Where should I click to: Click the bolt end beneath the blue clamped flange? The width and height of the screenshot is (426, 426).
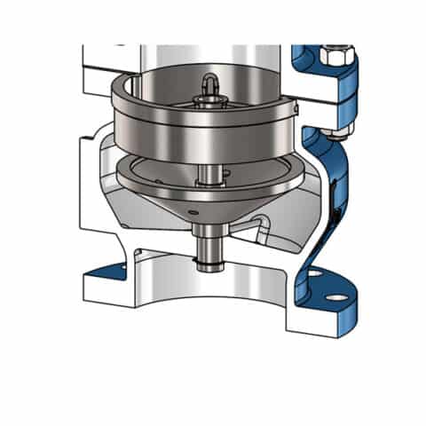click(335, 135)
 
